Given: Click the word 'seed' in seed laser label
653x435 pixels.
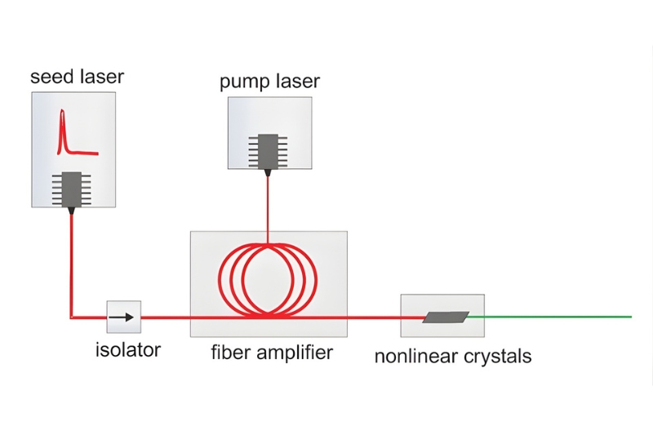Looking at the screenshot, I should (x=51, y=78).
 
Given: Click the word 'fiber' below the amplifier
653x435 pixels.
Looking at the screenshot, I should (x=229, y=353).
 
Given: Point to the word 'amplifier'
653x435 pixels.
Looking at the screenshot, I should (x=293, y=353).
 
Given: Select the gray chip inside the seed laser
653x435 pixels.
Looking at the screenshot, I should (x=73, y=189).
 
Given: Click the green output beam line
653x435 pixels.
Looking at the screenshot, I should (x=555, y=316).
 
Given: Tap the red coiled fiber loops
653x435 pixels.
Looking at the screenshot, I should (x=267, y=277).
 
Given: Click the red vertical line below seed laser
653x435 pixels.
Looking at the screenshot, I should (x=73, y=261).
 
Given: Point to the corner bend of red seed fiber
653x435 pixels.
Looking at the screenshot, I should (x=73, y=316).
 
